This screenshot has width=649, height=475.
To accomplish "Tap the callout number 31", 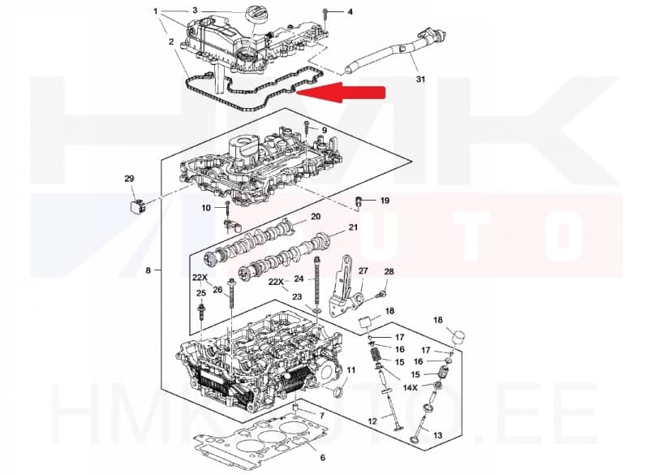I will coord(419,79).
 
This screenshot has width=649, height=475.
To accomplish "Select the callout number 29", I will coord(129,179).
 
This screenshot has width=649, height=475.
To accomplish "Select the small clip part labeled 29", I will coord(136,203).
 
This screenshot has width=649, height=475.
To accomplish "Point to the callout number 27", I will coord(363,271).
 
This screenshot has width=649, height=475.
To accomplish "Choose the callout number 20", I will coord(316,217).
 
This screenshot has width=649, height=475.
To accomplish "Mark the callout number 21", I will coord(353,227).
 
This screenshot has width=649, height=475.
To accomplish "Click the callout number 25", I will coord(200,293).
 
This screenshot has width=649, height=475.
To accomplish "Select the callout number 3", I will coord(195,11).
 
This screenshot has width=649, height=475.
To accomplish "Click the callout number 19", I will coord(385,200).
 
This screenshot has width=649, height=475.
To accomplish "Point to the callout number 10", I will coord(206,208).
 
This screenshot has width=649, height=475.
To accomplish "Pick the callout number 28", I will coord(389,271).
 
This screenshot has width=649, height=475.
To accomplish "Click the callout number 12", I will coord(372,421).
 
